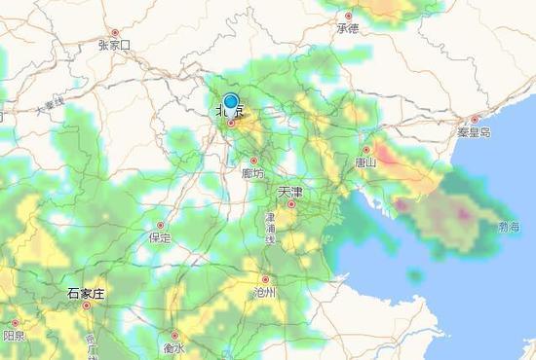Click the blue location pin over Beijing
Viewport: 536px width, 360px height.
(x=231, y=101)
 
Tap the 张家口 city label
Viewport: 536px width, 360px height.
(x=114, y=45)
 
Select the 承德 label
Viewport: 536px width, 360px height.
(x=348, y=28)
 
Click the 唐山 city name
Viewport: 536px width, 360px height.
(x=366, y=162)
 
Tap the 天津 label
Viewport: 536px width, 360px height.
(x=290, y=192)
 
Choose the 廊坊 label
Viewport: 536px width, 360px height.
(x=253, y=173)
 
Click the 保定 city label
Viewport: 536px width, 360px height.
(x=160, y=237)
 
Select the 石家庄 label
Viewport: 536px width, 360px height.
(x=86, y=293)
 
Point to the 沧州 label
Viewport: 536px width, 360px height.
(x=264, y=291)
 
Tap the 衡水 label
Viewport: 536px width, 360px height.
(x=173, y=347)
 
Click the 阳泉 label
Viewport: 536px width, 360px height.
(x=14, y=336)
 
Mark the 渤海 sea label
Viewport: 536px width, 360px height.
(x=509, y=227)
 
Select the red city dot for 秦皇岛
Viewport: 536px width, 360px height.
(x=475, y=120)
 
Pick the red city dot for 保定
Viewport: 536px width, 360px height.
(x=161, y=226)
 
